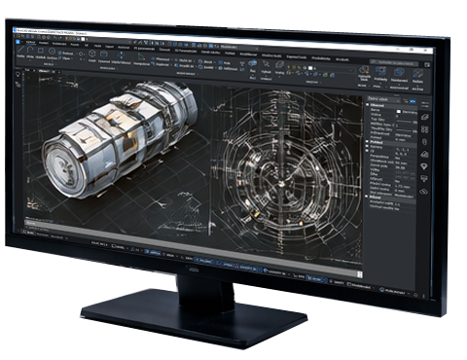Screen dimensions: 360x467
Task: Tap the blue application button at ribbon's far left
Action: (18, 42)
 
